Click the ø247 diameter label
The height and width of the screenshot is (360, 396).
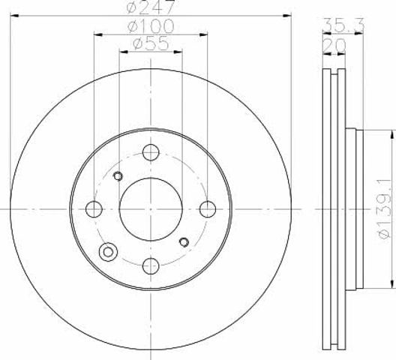point(151,7)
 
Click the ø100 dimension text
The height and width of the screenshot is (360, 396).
point(151,26)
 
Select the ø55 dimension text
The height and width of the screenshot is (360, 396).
point(151,43)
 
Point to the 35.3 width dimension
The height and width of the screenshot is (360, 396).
point(343,25)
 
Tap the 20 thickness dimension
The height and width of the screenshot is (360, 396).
point(334,46)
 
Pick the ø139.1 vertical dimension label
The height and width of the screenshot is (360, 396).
point(385,209)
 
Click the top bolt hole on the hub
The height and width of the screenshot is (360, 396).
point(151,152)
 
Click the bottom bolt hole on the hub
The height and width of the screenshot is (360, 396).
point(151,266)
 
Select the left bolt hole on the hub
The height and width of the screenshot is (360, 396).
point(94,209)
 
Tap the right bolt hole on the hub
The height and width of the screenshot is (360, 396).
point(208,209)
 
